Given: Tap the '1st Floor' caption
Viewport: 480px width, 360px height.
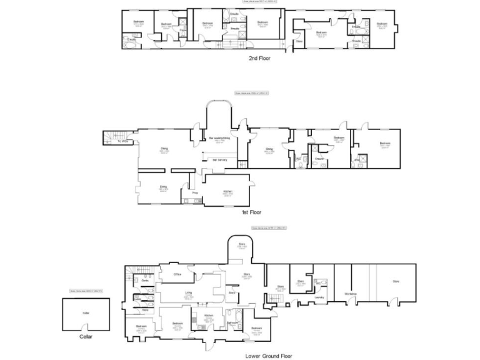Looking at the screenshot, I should tap(251, 212).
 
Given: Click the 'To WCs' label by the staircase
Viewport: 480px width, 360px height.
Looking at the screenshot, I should tap(123, 141).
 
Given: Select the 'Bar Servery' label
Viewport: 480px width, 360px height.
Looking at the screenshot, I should tap(219, 161).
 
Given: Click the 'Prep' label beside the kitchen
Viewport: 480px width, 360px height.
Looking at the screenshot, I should tap(194, 192).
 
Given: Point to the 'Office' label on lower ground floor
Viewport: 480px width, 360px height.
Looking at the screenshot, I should tap(177, 274).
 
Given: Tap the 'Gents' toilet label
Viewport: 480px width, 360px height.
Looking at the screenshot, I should tap(144, 281).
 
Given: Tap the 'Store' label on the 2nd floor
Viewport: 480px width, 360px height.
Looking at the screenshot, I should tap(299, 41).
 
